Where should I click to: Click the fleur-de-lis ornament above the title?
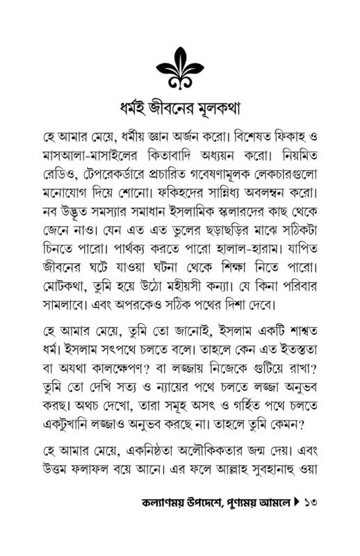pyautogui.click(x=179, y=65)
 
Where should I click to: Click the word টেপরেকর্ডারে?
pyautogui.click(x=121, y=171)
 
